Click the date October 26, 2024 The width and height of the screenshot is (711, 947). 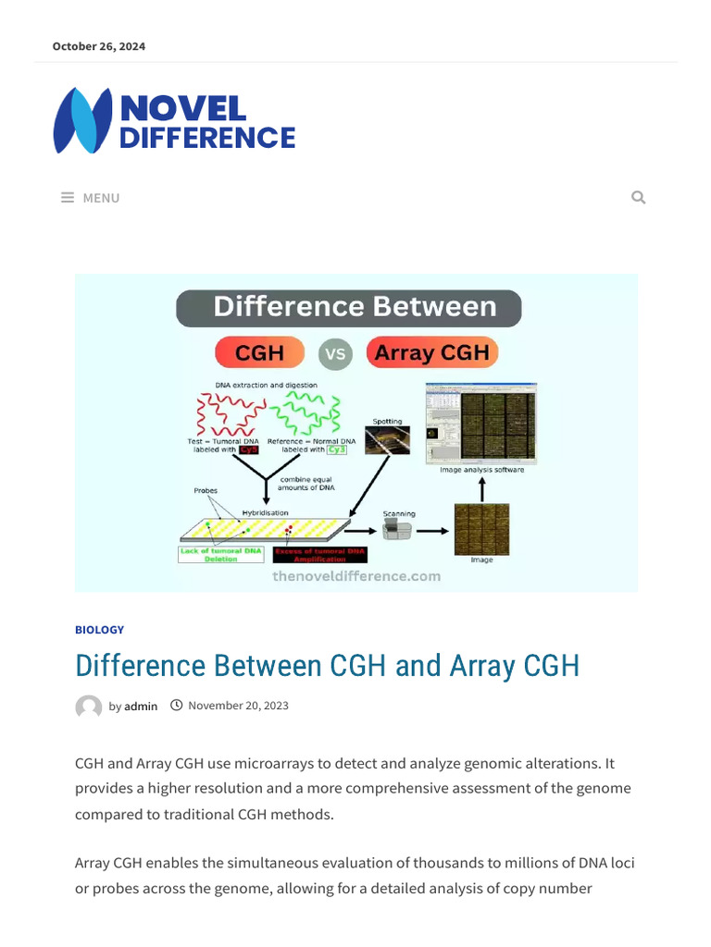point(98,46)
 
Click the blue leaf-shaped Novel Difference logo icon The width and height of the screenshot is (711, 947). point(82,120)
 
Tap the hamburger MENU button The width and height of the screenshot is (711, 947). point(91,198)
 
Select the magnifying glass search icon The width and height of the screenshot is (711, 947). point(638,197)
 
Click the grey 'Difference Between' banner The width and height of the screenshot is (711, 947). point(349,308)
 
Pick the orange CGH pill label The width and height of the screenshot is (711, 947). point(260,352)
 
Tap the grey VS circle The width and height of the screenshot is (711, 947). point(335,354)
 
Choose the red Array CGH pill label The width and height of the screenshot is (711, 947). point(432,352)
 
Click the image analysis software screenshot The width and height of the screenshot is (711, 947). point(480,423)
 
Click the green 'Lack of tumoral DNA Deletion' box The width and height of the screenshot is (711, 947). point(221,554)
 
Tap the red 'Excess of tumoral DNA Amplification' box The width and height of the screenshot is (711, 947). point(318,554)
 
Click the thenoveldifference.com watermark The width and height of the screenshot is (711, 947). point(356,576)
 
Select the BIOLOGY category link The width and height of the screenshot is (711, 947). point(99,630)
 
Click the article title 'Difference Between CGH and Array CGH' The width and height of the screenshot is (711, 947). point(327,666)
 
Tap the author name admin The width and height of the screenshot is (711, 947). point(141,707)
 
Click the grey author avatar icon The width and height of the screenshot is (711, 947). point(89,707)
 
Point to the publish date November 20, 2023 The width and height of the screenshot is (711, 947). point(238,706)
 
